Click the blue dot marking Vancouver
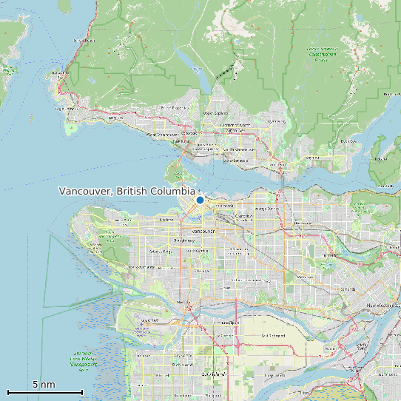point(200,200)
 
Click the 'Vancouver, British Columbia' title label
point(127,192)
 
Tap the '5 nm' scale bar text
point(44,385)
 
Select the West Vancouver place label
point(161,135)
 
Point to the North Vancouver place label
point(239,149)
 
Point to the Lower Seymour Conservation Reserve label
point(322,53)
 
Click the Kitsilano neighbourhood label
point(166,220)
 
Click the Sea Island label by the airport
point(149,320)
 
